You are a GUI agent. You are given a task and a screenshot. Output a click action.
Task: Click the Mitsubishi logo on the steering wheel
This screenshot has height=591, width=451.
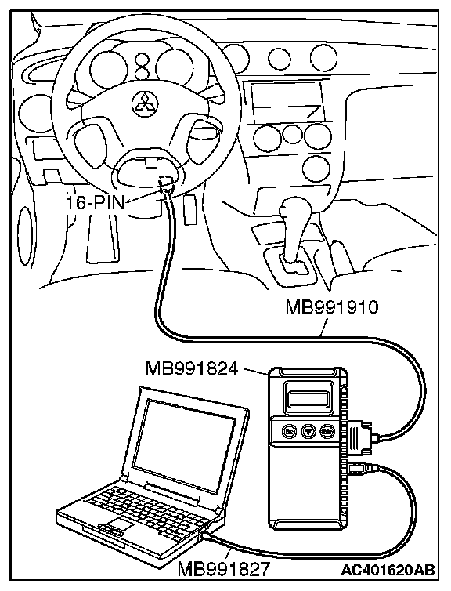click(x=145, y=103)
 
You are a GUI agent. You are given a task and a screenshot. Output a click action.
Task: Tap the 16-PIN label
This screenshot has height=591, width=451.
click(x=95, y=204)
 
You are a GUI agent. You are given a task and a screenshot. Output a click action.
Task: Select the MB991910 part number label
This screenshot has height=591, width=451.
click(x=331, y=307)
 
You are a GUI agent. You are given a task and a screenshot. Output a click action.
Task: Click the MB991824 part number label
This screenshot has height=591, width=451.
click(x=192, y=368)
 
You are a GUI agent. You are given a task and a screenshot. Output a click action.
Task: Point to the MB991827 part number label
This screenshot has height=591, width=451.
click(x=224, y=568)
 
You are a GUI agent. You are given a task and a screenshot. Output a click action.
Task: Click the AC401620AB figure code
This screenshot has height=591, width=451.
click(x=388, y=570)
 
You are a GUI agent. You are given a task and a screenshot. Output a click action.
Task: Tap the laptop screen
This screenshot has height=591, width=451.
click(x=189, y=445)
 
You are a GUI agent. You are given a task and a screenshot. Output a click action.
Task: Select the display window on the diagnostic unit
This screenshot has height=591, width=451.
click(x=308, y=398)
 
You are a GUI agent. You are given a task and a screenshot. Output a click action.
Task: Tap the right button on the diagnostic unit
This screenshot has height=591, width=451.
click(x=327, y=430)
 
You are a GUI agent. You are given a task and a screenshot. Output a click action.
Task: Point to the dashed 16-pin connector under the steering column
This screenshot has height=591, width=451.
click(x=166, y=184)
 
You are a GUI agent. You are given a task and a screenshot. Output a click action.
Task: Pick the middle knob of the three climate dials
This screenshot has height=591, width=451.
click(x=292, y=135)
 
